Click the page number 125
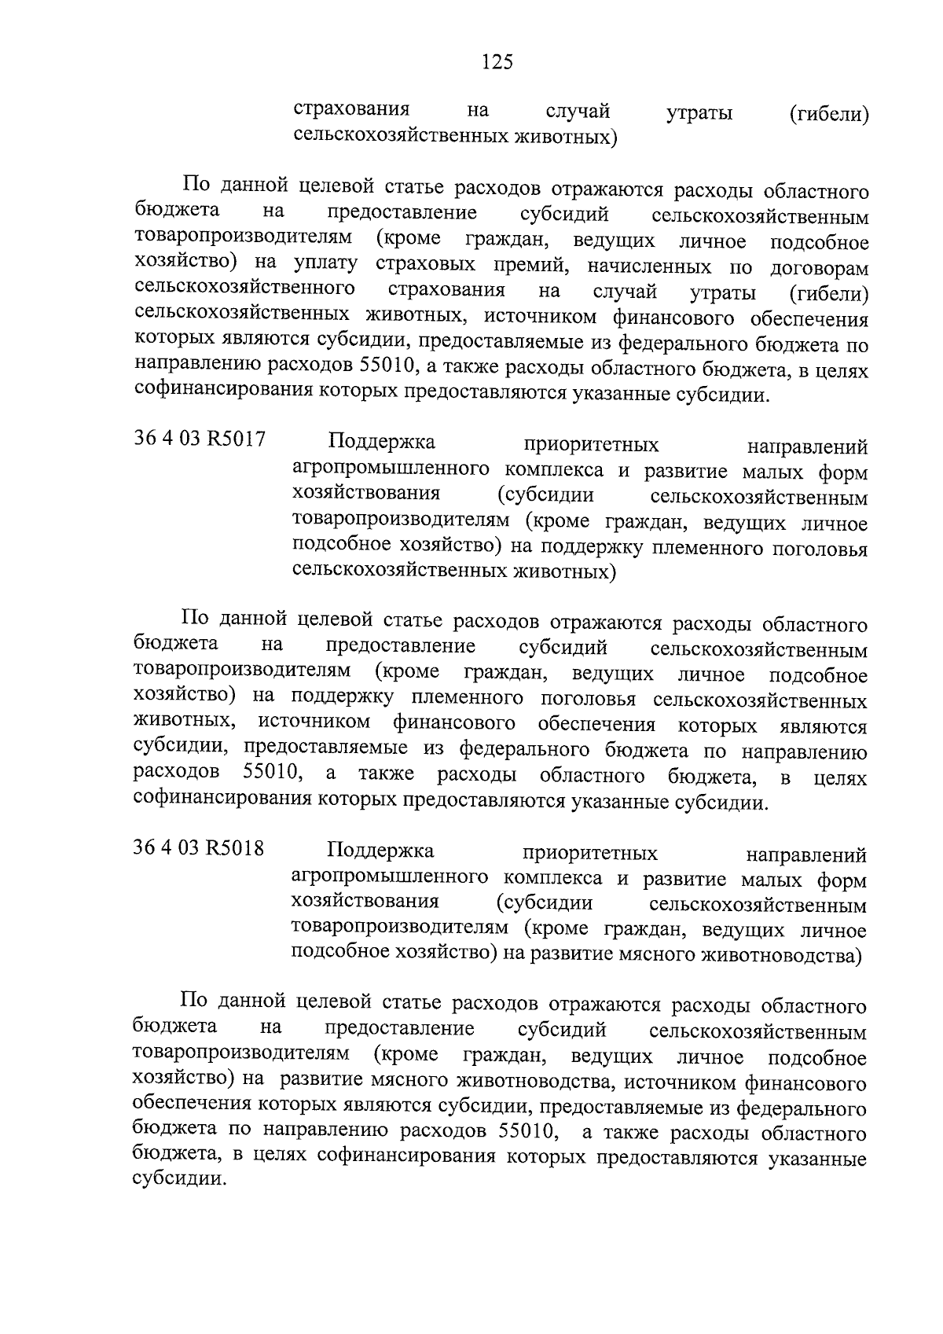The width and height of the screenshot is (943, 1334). (497, 62)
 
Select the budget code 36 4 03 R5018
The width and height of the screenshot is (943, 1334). (199, 849)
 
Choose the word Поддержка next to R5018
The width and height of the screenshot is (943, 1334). (380, 852)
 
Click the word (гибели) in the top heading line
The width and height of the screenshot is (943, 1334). (829, 114)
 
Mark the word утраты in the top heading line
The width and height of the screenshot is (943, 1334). (699, 114)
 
